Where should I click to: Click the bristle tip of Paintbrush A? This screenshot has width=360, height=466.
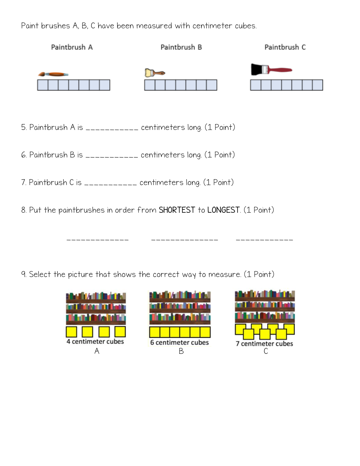(38, 75)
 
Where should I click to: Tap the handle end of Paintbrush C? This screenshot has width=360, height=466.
(292, 70)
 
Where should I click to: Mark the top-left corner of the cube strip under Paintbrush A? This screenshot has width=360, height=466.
(38, 80)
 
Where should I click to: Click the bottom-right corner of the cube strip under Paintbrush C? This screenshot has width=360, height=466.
(323, 90)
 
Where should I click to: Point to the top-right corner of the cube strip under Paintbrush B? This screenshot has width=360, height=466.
(217, 80)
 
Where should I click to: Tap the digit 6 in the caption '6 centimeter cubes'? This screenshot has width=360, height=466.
(152, 342)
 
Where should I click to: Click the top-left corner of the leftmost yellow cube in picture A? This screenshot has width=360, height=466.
(66, 326)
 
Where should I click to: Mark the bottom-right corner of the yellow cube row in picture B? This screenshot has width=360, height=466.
(210, 337)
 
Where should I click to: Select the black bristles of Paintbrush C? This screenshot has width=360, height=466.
(256, 69)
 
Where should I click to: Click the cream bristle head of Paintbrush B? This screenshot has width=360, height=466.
(149, 73)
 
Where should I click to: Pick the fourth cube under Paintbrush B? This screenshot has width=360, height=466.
(181, 85)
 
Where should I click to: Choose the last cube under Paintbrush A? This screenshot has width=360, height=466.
(105, 85)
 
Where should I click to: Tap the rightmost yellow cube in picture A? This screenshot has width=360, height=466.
(120, 332)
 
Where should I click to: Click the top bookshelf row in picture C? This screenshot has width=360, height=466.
(265, 296)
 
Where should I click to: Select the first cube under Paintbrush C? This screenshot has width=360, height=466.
(256, 85)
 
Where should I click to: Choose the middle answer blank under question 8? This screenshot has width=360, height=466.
(184, 240)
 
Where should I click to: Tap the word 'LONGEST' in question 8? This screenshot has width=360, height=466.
(223, 210)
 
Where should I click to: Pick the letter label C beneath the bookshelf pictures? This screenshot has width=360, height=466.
(265, 351)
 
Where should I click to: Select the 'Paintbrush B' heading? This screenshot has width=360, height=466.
(181, 47)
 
